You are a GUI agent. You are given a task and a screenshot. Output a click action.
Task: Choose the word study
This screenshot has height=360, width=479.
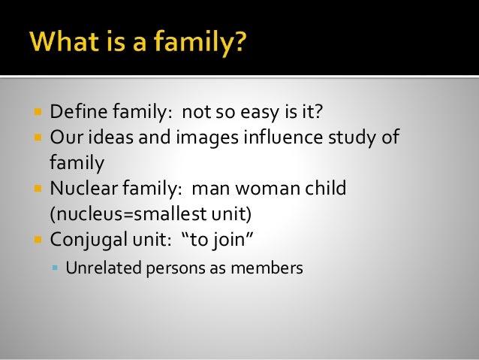click(x=357, y=138)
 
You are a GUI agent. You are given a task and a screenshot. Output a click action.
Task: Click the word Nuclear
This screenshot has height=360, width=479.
click(x=82, y=187)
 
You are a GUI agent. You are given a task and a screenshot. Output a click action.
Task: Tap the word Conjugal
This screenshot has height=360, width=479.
click(x=86, y=241)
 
